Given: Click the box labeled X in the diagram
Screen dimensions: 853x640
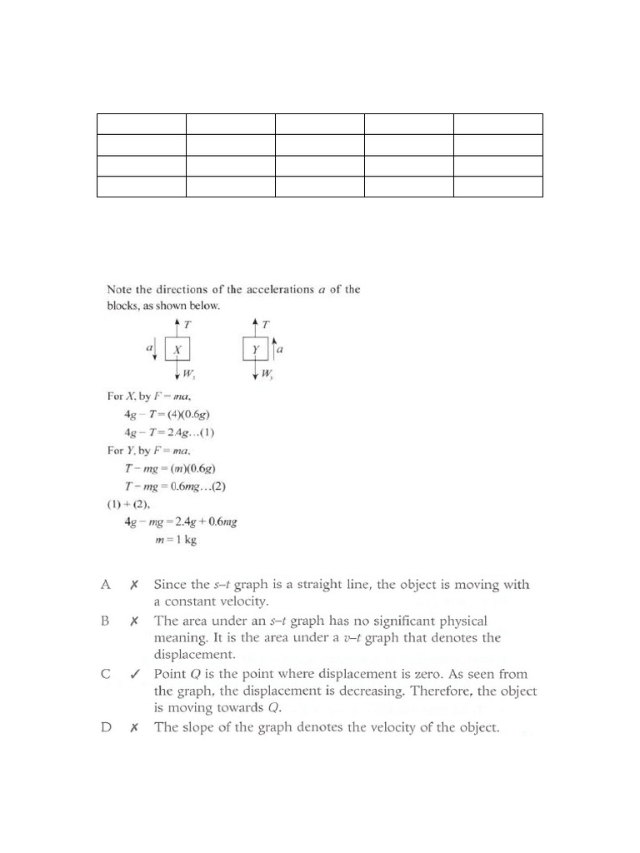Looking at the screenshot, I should [178, 350].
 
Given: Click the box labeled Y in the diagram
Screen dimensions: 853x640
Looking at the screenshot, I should [256, 350].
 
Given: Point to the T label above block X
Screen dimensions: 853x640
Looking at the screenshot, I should [187, 322].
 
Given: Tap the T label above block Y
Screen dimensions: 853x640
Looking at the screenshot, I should [264, 322].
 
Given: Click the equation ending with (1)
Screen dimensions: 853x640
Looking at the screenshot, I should [170, 431].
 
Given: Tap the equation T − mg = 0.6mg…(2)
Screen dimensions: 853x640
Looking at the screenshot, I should [176, 486].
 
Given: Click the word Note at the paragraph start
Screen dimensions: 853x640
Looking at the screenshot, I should [120, 290].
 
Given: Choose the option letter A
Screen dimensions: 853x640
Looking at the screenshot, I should [106, 585].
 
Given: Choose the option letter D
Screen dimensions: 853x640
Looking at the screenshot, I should [106, 727].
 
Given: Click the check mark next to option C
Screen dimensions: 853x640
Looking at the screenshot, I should [134, 674].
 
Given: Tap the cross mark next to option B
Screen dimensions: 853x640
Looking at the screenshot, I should [134, 621].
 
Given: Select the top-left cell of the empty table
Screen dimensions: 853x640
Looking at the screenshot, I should [141, 124].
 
